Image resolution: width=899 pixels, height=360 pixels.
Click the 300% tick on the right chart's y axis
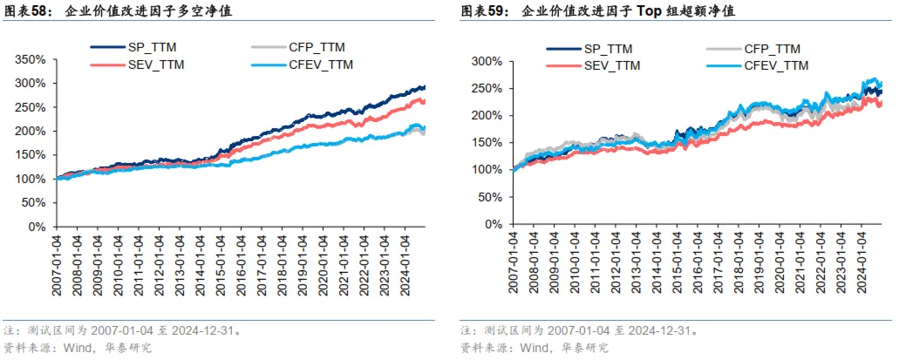coord(486,62)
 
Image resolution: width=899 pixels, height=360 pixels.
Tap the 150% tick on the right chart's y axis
coord(486,143)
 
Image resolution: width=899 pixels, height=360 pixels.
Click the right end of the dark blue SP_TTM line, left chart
coord(424,87)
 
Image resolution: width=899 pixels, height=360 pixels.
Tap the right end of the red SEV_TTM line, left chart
coord(424,101)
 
